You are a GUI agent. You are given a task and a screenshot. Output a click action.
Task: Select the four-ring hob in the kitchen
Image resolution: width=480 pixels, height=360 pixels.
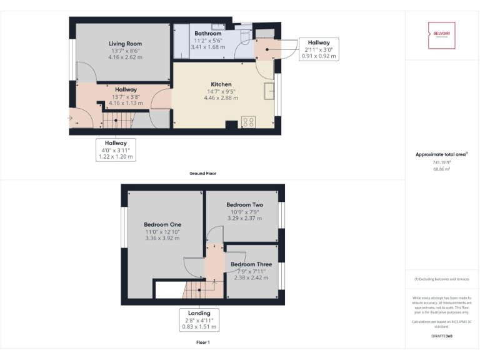[247, 121]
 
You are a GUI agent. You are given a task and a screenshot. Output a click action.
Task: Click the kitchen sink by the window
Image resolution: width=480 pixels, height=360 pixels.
[270, 91]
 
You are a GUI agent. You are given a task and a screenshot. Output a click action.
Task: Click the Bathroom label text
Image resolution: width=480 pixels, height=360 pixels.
[207, 33]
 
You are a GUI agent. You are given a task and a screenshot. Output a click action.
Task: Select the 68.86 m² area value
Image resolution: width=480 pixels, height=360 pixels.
[441, 169]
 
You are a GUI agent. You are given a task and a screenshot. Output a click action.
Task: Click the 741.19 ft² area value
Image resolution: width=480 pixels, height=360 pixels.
[441, 162]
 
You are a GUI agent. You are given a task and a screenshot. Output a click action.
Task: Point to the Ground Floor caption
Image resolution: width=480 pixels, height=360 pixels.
[202, 173]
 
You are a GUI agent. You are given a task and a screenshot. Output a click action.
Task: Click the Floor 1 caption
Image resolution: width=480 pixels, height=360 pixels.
[202, 342]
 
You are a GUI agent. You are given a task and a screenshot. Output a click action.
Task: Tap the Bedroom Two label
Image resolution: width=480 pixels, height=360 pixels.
[244, 205]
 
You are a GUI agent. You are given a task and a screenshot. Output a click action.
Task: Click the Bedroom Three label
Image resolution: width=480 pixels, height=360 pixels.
[251, 264]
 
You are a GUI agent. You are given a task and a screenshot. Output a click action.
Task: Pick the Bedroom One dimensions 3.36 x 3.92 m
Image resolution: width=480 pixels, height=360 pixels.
[162, 238]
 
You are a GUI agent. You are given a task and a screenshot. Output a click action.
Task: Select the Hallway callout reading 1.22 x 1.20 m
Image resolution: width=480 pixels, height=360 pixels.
[116, 150]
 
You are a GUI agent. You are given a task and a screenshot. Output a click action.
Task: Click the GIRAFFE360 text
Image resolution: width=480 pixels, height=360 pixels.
[441, 336]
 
